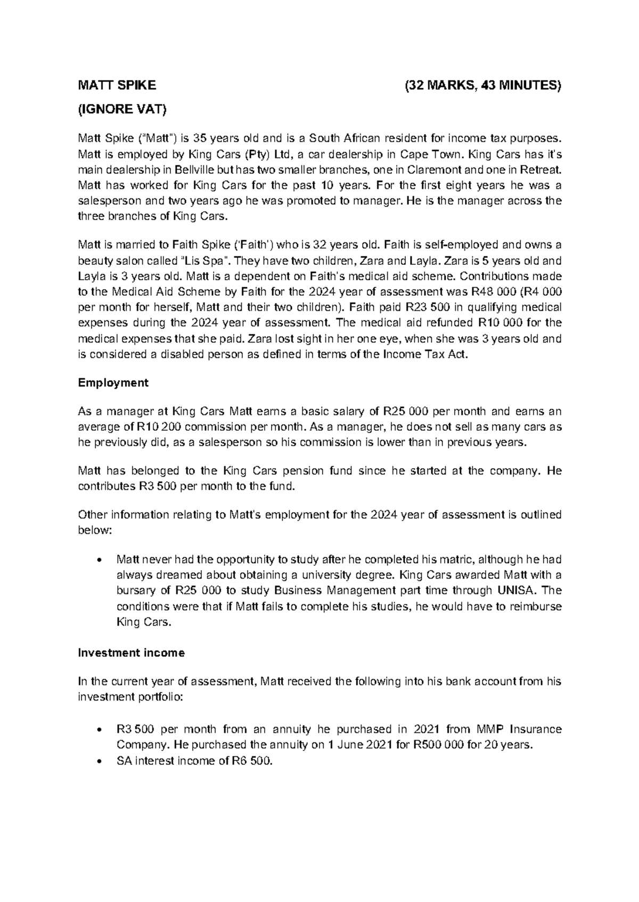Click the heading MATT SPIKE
tap(117, 85)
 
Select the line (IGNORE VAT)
tap(122, 110)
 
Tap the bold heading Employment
tap(113, 383)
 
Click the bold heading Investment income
tap(131, 653)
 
